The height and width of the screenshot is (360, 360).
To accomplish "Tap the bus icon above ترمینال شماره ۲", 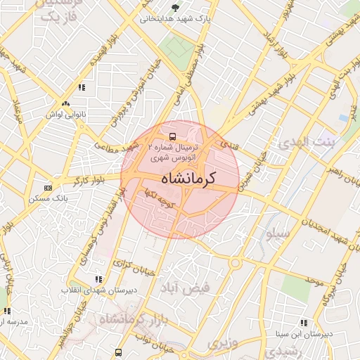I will coord(172,136).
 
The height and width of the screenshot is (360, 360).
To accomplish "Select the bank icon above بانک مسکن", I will coord(48,188).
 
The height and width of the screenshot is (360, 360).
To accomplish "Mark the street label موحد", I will coord(314,281).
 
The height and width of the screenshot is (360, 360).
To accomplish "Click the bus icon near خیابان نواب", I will coord(118,353).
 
